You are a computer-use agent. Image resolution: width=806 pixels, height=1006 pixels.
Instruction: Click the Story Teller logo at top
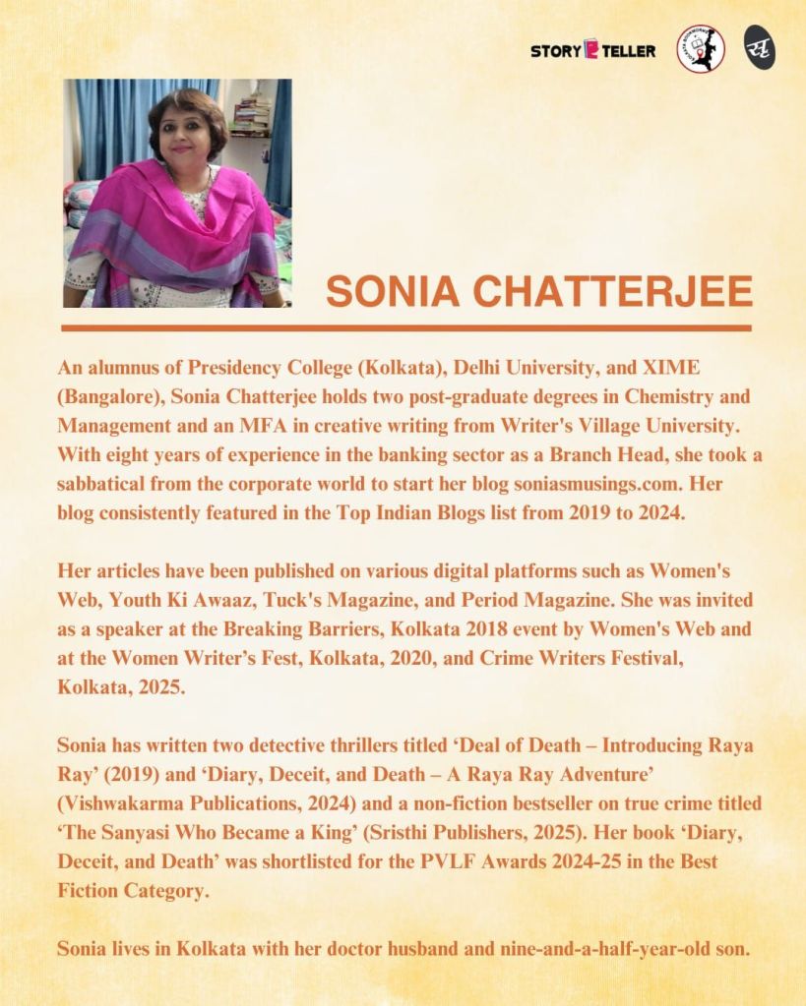coord(592,50)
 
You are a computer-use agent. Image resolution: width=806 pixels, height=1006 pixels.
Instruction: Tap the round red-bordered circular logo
coord(700,49)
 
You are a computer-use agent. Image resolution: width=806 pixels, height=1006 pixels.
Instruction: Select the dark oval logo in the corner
coord(759,48)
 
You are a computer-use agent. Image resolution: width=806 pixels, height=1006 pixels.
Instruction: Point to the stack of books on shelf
coord(252,117)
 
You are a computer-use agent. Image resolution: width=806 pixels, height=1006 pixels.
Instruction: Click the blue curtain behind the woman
coord(108,128)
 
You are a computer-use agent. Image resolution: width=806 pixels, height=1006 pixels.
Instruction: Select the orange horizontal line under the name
coord(405,327)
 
